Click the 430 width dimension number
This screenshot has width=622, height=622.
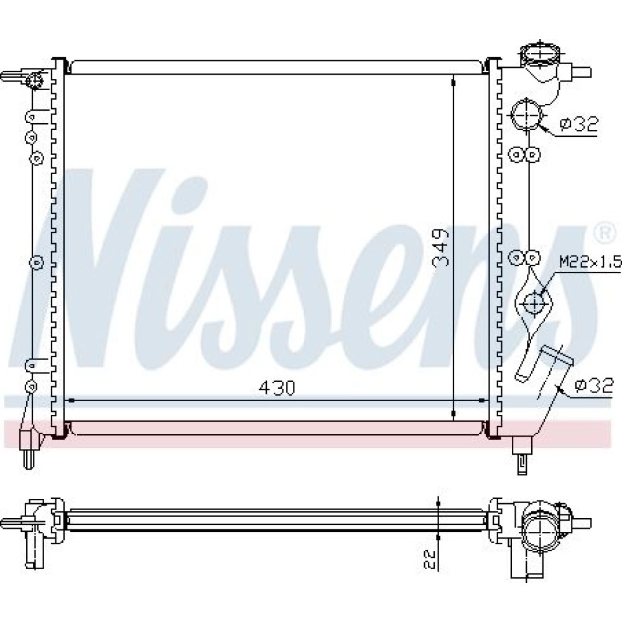[x=277, y=388]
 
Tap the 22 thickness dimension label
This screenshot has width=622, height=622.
[x=430, y=559]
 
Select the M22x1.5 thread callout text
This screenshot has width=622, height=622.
[x=590, y=262]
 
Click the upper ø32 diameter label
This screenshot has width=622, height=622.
[x=578, y=124]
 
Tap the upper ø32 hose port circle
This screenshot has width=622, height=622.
[x=526, y=114]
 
